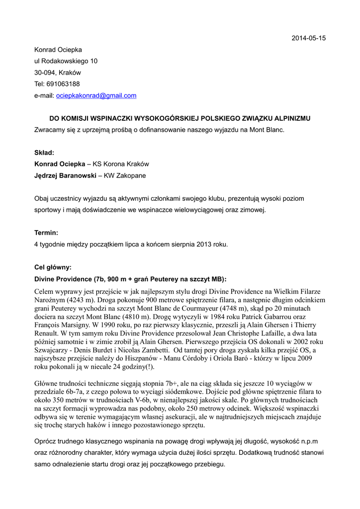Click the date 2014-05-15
click(x=308, y=38)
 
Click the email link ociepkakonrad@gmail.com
click(x=96, y=95)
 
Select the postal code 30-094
click(x=44, y=73)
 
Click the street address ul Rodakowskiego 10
click(x=66, y=61)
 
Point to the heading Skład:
click(x=44, y=153)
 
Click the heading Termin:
click(x=46, y=233)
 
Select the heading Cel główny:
click(x=53, y=267)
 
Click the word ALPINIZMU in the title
click(x=293, y=118)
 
